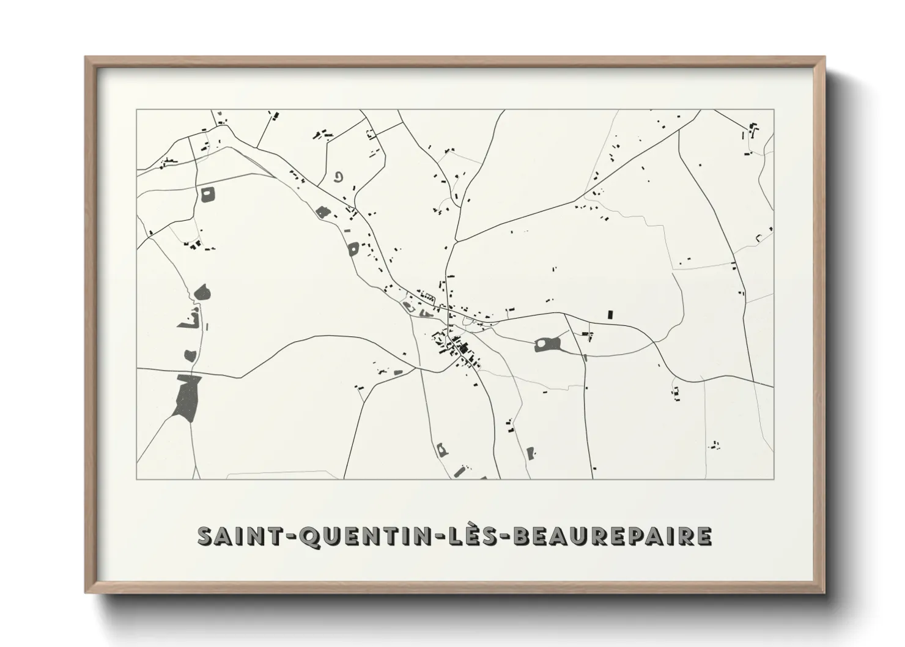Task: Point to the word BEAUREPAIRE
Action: click(611, 535)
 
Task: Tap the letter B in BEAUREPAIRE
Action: click(519, 535)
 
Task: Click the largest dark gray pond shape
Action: click(187, 397)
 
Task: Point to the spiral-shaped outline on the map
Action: click(338, 177)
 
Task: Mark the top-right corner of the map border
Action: click(774, 110)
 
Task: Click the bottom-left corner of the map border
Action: click(137, 479)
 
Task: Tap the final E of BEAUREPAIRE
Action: click(703, 535)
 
